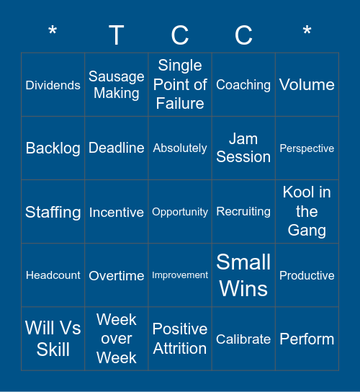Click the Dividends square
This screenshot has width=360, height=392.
[53, 85]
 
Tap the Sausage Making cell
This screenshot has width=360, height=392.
[117, 85]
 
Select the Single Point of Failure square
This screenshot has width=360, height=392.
[180, 85]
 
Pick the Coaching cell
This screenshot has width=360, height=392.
[243, 85]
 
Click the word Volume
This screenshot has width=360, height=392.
[307, 85]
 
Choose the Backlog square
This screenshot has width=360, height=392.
[53, 148]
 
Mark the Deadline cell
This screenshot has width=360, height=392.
[117, 148]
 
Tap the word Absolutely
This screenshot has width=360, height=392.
[180, 148]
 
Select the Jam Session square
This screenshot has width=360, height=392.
[243, 148]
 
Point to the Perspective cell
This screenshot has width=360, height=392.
[307, 148]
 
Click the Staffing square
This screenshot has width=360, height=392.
[53, 212]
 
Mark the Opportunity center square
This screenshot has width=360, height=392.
[180, 212]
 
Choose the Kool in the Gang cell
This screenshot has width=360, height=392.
[307, 212]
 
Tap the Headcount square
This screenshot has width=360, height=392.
[53, 275]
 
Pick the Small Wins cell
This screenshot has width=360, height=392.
[243, 275]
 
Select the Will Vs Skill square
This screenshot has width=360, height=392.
[53, 339]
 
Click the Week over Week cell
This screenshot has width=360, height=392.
[117, 339]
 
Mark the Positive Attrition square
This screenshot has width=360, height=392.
[180, 339]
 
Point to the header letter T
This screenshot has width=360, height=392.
[117, 35]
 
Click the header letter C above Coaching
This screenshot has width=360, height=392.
[243, 35]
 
